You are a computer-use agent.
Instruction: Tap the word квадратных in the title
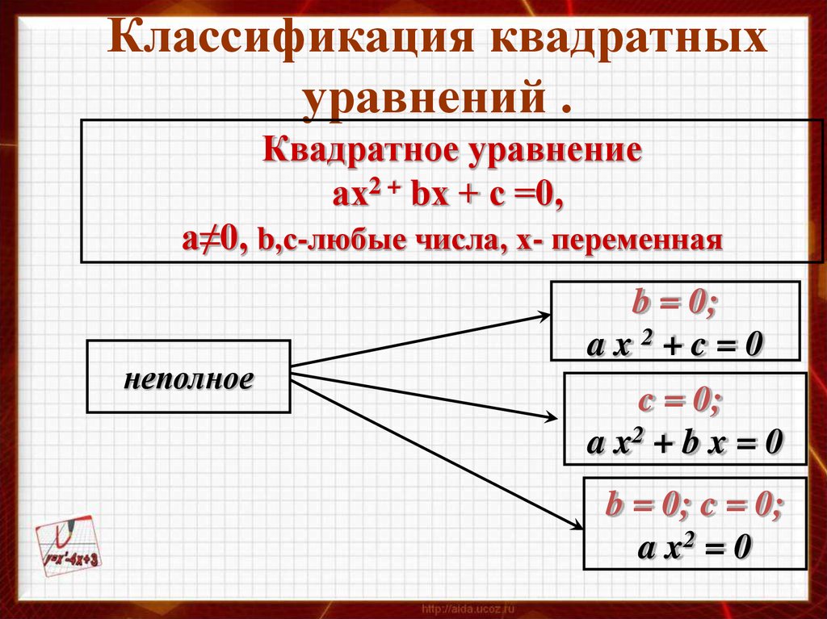pyautogui.click(x=628, y=38)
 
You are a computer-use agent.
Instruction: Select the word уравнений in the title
pyautogui.click(x=424, y=97)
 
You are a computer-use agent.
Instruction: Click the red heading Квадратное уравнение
pyautogui.click(x=452, y=150)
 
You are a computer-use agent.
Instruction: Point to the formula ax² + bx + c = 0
pyautogui.click(x=448, y=194)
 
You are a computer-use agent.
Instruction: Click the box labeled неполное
pyautogui.click(x=188, y=376)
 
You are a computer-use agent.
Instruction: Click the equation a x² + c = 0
pyautogui.click(x=674, y=345)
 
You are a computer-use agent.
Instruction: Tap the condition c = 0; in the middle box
pyautogui.click(x=678, y=401)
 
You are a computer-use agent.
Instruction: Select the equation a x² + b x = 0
pyautogui.click(x=684, y=441)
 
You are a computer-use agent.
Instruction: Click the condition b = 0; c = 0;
pyautogui.click(x=694, y=504)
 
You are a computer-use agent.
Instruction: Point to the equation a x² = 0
pyautogui.click(x=694, y=546)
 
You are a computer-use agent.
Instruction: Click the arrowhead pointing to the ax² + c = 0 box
pyautogui.click(x=544, y=316)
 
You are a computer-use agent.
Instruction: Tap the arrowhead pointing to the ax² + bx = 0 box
pyautogui.click(x=551, y=417)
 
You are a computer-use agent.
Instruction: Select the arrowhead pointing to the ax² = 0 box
pyautogui.click(x=577, y=525)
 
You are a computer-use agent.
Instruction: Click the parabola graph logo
pyautogui.click(x=68, y=545)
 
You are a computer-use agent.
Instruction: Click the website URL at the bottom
pyautogui.click(x=468, y=609)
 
